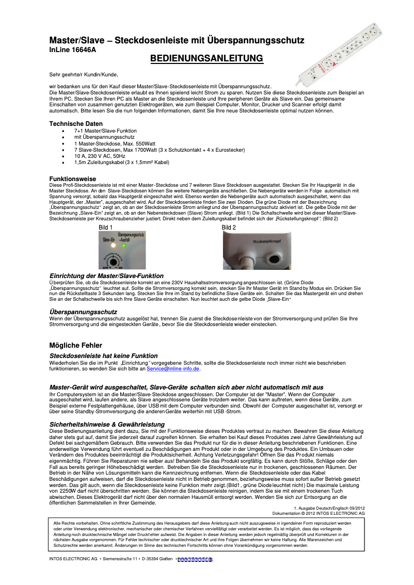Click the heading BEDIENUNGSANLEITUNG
206,59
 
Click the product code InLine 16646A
72,50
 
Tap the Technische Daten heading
76,124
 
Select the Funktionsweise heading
72,178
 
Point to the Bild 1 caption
105,227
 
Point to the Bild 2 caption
229,227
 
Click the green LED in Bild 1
123,246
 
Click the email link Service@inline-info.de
173,369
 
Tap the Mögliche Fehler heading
75,345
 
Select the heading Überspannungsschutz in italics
83,312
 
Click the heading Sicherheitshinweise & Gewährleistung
107,424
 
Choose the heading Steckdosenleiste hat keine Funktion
103,356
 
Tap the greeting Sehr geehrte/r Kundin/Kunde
79,75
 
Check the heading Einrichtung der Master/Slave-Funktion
106,276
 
